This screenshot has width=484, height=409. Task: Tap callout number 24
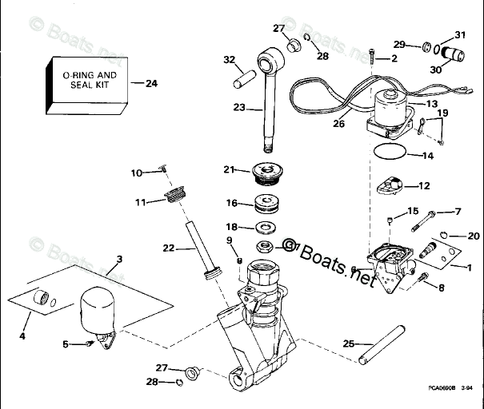151,82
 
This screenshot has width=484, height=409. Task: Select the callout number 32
230,60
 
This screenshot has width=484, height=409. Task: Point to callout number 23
238,107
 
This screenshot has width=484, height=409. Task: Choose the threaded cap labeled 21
265,172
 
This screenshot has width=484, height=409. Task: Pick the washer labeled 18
265,227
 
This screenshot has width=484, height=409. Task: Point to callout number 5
66,343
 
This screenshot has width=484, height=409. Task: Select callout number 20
473,236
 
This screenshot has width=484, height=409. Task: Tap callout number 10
136,173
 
